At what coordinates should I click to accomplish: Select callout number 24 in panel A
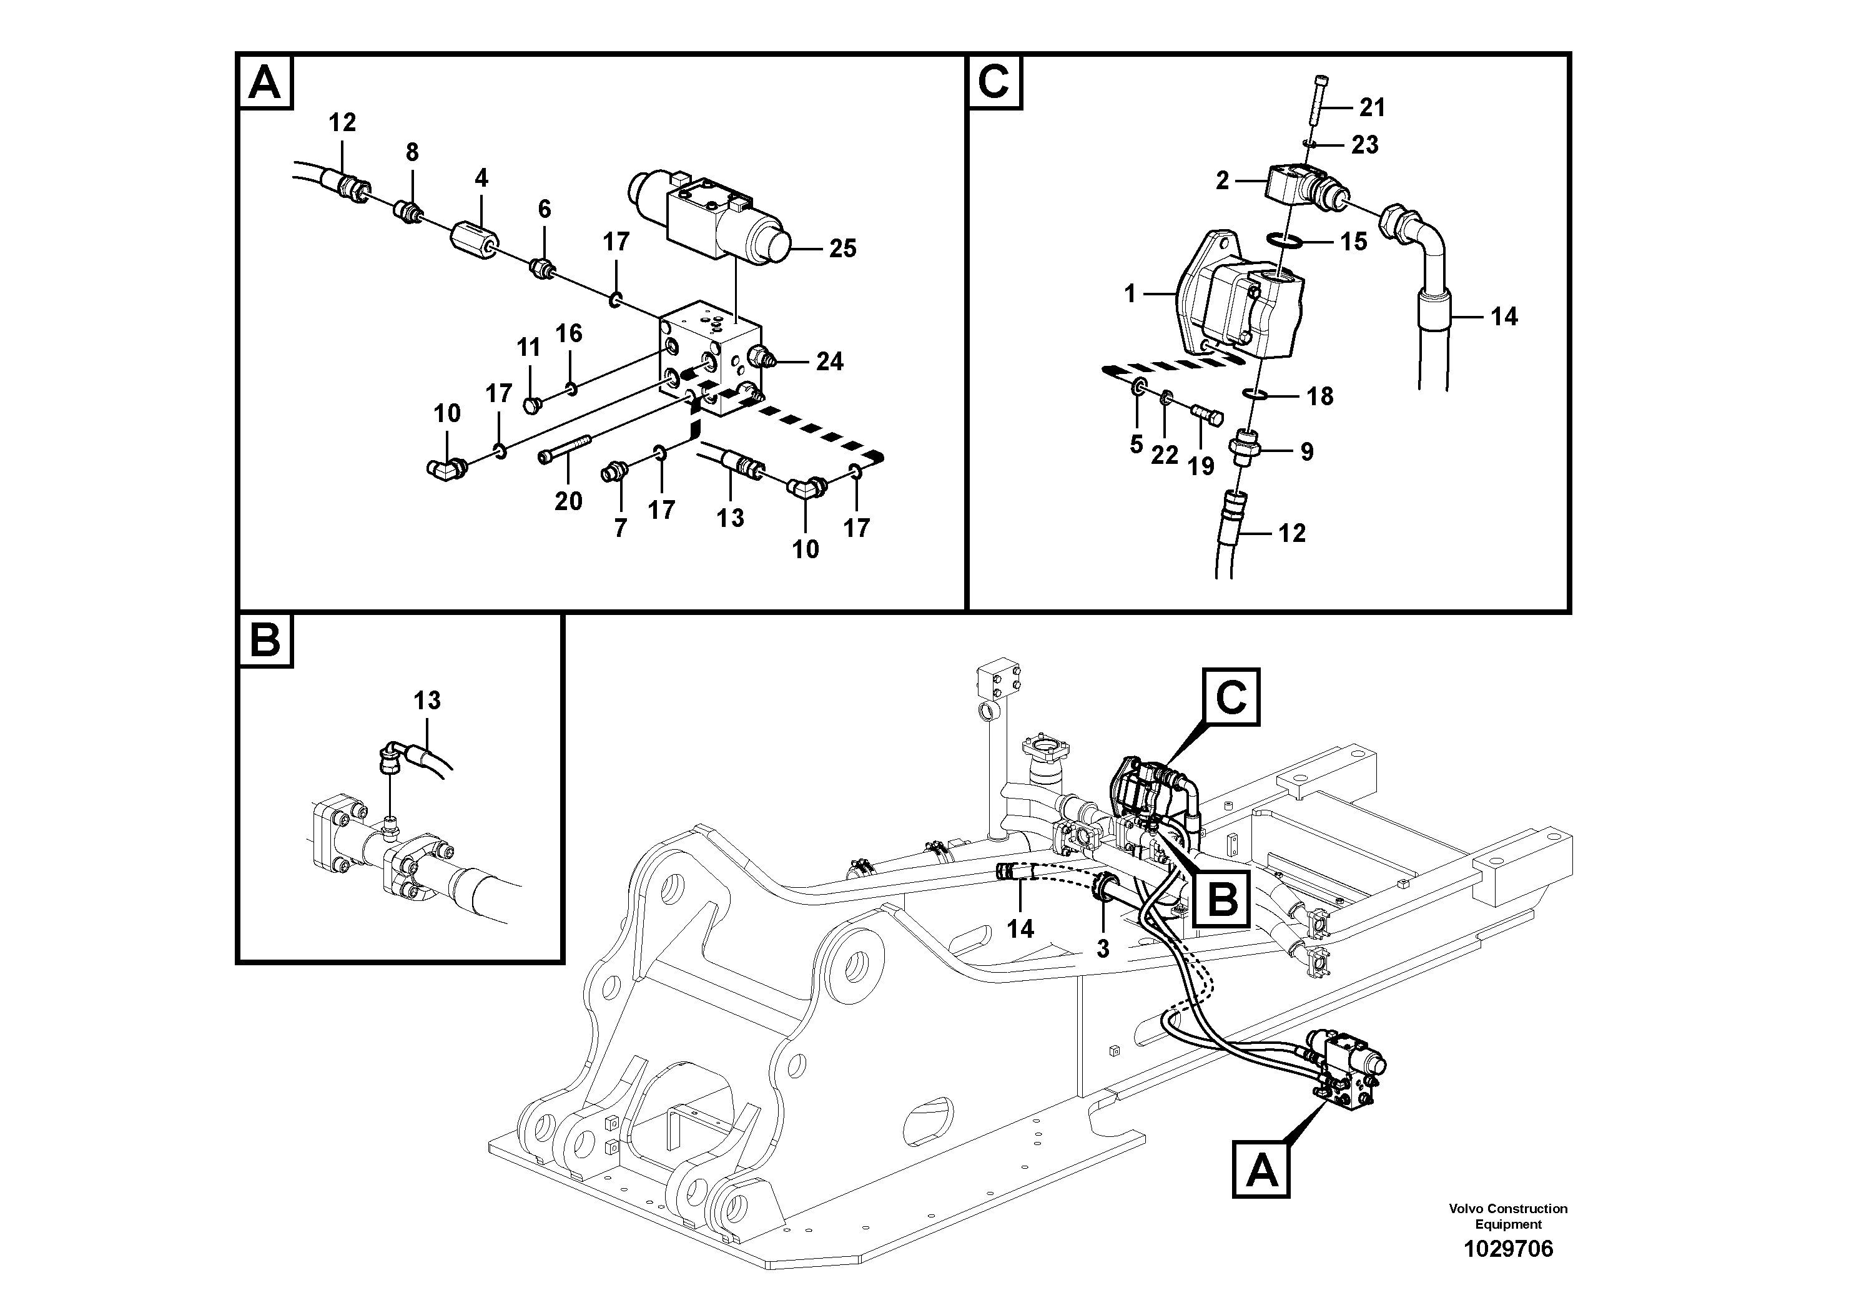(829, 362)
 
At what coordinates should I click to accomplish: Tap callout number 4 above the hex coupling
(481, 178)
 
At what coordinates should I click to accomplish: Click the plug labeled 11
(532, 403)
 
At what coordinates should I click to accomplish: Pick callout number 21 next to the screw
(1371, 107)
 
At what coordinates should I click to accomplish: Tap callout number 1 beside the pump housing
(1131, 294)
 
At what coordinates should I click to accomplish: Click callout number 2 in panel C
(1223, 180)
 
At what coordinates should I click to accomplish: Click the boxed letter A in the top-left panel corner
(265, 82)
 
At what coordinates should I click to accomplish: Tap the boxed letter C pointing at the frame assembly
(1231, 696)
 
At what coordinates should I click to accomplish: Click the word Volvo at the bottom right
(1466, 1209)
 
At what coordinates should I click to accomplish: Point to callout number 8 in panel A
(412, 152)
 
